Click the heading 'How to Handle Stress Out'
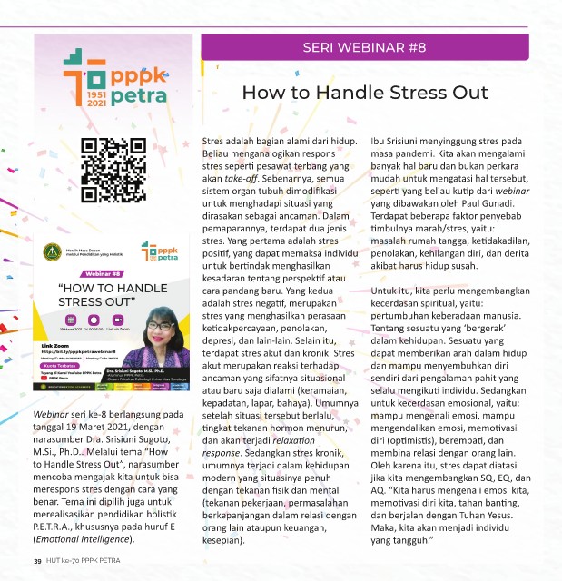click(x=365, y=93)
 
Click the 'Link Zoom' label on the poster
click(x=56, y=347)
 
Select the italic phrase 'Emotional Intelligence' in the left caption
click(x=74, y=540)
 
